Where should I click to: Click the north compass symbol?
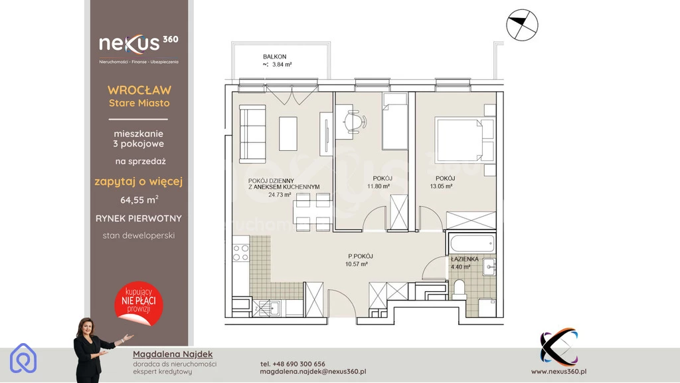[522, 25]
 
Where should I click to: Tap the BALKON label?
[274, 57]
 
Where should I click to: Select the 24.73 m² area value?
[280, 195]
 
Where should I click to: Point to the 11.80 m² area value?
[378, 186]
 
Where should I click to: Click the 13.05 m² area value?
[441, 186]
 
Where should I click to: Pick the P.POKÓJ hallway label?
[361, 256]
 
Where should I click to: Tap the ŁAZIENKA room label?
[464, 259]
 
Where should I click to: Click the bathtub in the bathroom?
[472, 243]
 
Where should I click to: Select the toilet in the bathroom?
[460, 289]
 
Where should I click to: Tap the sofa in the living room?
[252, 134]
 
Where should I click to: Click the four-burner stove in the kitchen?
[240, 253]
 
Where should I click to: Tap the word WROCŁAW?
[139, 90]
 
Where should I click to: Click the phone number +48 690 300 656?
[293, 364]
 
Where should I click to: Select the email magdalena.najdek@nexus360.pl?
[313, 372]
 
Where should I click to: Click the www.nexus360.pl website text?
[559, 371]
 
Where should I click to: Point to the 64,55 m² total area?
[139, 199]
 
